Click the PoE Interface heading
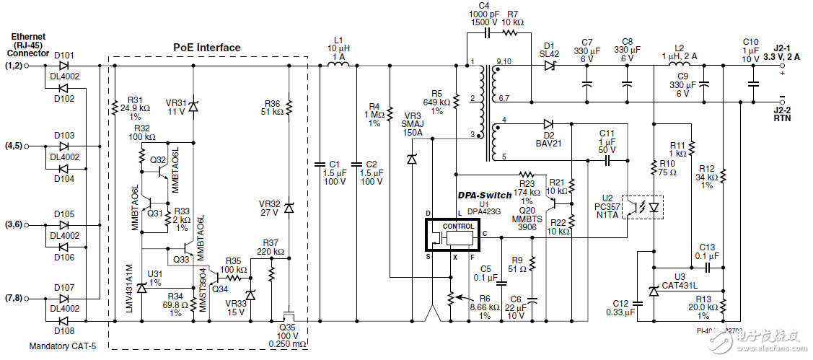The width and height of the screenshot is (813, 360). [x=206, y=48]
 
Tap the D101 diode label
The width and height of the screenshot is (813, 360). [x=63, y=55]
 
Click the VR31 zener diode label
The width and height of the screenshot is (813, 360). [x=175, y=101]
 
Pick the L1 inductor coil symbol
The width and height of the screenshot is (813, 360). [x=340, y=66]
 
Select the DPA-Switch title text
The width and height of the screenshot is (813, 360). [x=485, y=195]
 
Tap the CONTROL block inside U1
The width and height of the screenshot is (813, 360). [x=458, y=226]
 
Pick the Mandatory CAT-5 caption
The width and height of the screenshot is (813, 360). [x=62, y=346]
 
